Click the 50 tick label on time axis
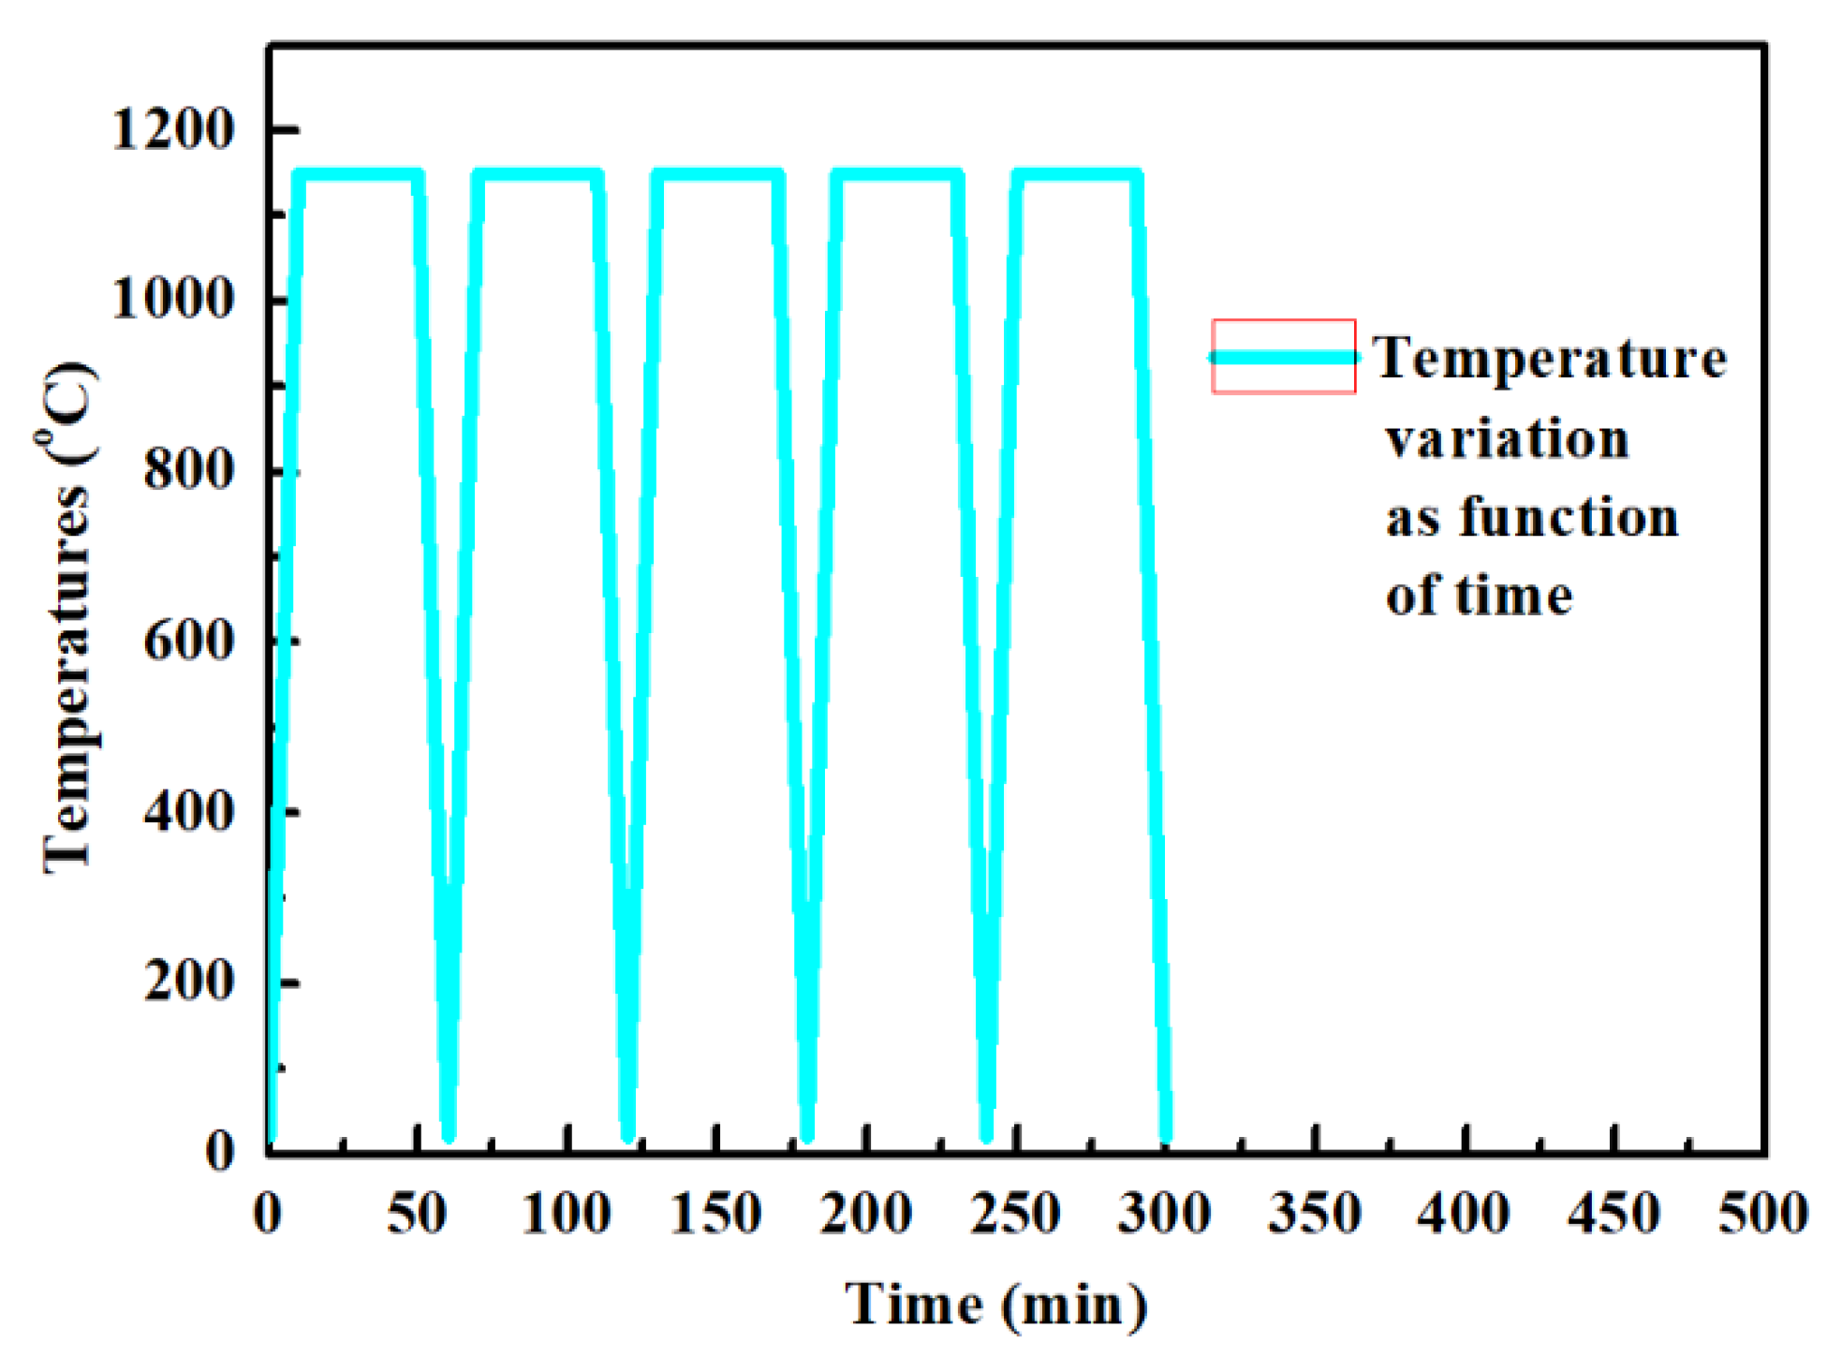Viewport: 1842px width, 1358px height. point(417,1215)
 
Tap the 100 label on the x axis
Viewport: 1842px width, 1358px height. point(567,1215)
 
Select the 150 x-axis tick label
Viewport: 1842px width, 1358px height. point(716,1215)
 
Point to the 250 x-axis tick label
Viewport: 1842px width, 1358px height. point(1015,1215)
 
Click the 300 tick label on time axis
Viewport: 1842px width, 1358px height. point(1165,1215)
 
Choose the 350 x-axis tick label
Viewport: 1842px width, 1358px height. point(1314,1215)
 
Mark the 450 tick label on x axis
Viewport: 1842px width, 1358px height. point(1614,1215)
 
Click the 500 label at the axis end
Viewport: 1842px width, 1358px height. point(1762,1215)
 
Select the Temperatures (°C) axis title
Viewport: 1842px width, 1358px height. point(68,618)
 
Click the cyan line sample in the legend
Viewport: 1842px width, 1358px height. point(1284,358)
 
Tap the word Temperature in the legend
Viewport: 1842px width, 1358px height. point(1550,360)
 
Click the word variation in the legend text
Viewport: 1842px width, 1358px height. point(1508,439)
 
